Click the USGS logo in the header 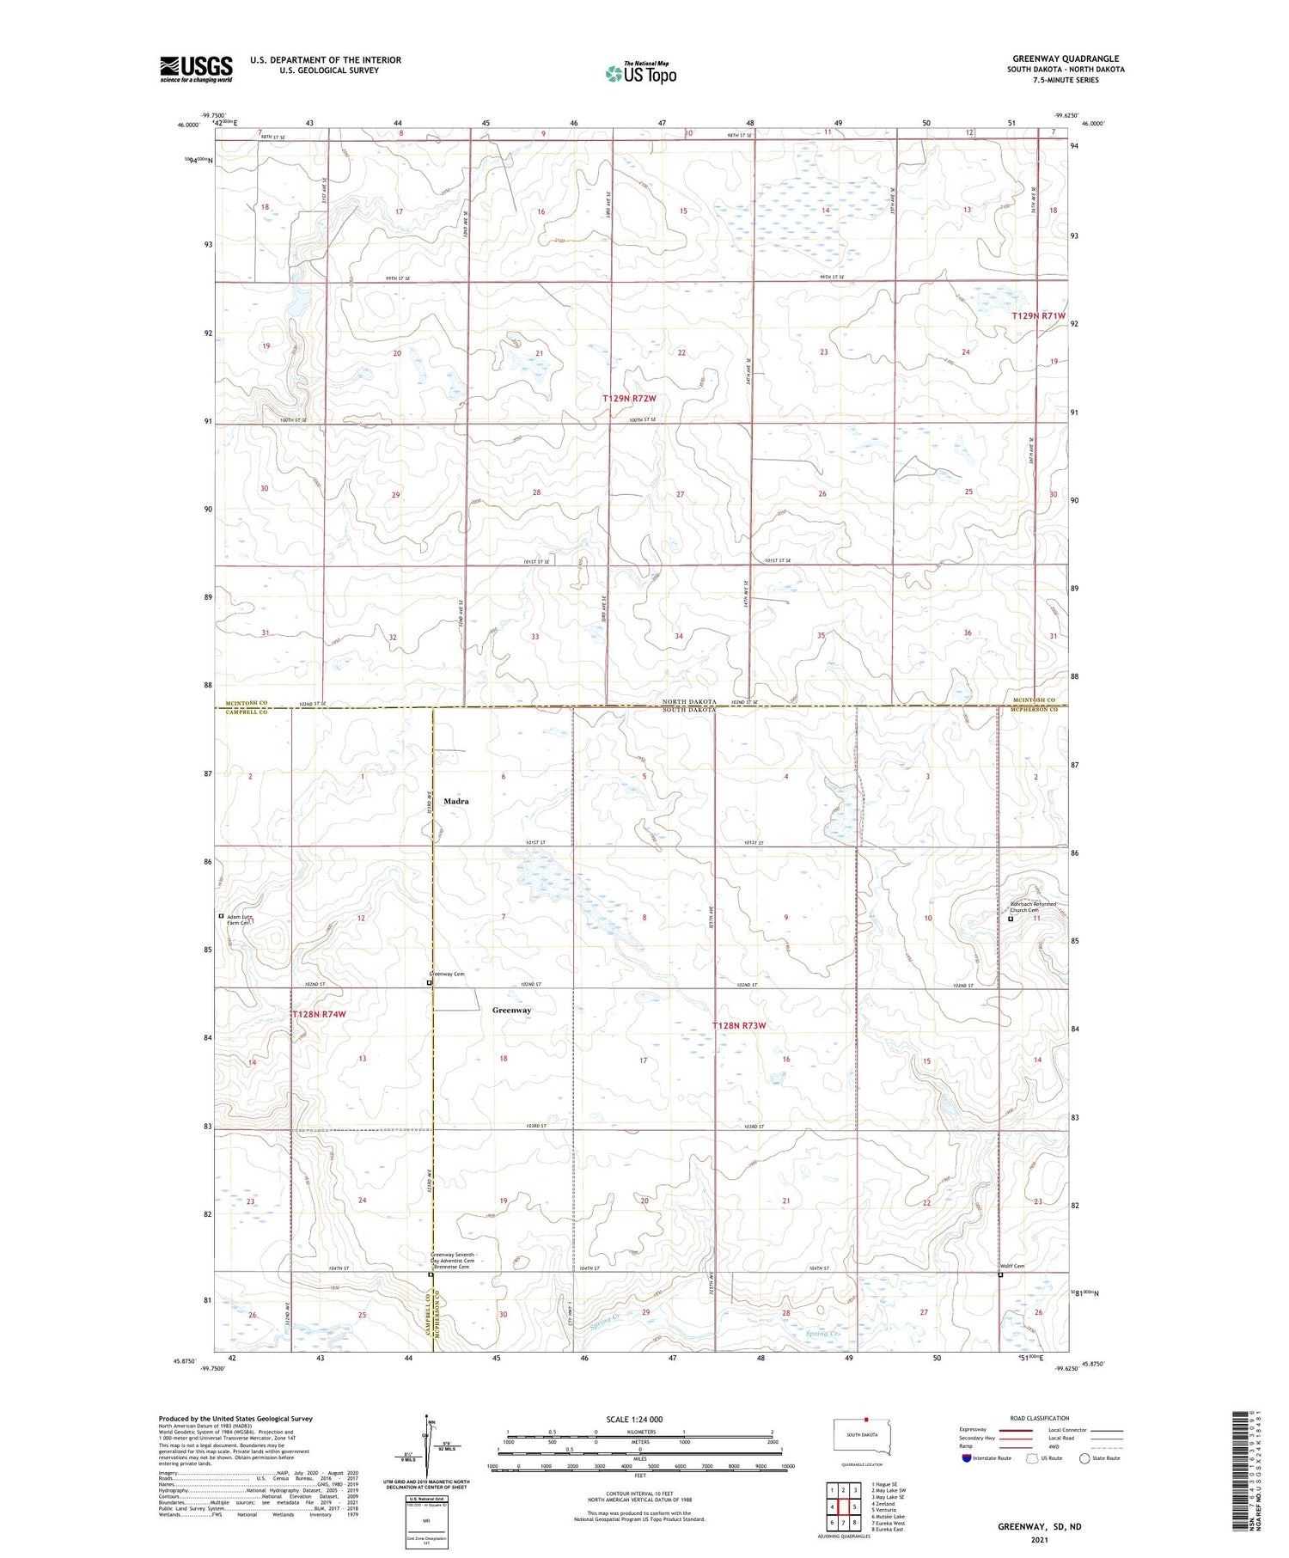tap(196, 69)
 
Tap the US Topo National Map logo tap(640, 73)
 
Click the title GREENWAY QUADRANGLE tap(1065, 58)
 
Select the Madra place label tap(455, 801)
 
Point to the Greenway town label tap(511, 1010)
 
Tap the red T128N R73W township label tap(738, 1025)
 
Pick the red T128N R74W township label tap(319, 1014)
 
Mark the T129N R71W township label tap(1038, 315)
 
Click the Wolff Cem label tap(1012, 1266)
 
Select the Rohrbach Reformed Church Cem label tap(1032, 907)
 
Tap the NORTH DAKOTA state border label tap(688, 702)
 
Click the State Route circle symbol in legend tap(1084, 1458)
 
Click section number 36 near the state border tap(967, 632)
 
